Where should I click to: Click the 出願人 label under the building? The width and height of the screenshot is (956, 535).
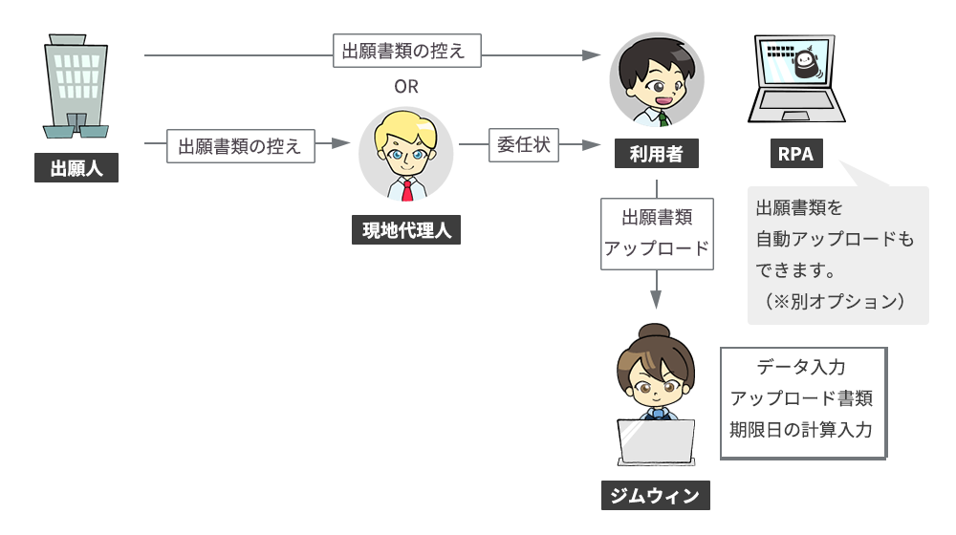(x=76, y=170)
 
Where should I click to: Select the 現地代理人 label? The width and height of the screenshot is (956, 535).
(x=405, y=230)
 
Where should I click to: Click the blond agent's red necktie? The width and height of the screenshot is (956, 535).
(x=407, y=187)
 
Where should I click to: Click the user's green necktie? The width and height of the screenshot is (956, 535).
(x=663, y=119)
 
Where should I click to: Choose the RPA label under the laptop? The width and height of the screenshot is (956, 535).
(x=796, y=155)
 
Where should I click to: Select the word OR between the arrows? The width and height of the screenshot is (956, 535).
(x=406, y=87)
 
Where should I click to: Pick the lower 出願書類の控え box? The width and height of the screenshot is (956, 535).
(x=240, y=146)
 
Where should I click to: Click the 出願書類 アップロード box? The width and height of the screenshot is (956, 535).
(x=656, y=232)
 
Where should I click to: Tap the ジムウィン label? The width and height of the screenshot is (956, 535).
(x=656, y=496)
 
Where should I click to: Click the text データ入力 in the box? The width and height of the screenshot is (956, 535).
(x=801, y=367)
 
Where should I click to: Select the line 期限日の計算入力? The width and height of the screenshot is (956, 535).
(x=801, y=429)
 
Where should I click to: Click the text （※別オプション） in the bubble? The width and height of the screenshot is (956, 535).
(x=835, y=300)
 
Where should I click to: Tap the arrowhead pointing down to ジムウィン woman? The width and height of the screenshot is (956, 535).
(x=656, y=298)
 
